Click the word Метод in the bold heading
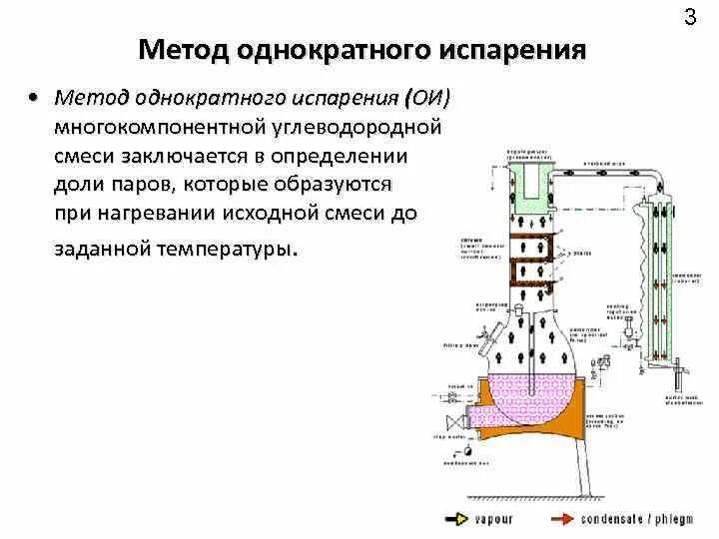pyautogui.click(x=181, y=51)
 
